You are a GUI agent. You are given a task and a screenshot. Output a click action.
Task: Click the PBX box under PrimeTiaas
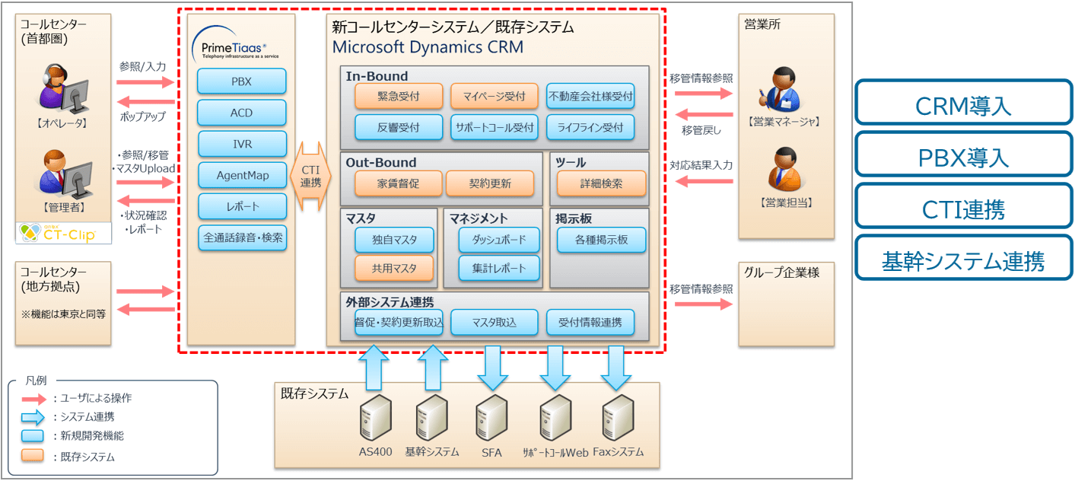tap(241, 81)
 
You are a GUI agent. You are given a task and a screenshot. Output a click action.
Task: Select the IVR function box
tap(242, 144)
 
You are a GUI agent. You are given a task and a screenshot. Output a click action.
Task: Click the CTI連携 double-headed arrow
tap(310, 176)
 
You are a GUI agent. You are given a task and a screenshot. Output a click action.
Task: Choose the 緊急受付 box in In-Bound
tap(399, 97)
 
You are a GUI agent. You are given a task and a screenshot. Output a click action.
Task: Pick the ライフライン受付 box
tap(590, 127)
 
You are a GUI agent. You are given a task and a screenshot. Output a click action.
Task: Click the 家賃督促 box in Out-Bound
tap(399, 183)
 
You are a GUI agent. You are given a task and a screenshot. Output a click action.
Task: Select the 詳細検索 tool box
tap(601, 183)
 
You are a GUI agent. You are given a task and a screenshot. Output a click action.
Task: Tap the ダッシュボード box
tap(498, 240)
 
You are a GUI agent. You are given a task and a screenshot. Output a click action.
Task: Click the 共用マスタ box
tap(394, 269)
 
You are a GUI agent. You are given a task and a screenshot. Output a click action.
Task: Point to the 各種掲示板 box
tap(601, 240)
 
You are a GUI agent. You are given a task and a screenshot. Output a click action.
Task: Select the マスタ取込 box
tap(494, 322)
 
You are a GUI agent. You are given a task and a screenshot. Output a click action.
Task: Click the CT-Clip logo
tap(63, 234)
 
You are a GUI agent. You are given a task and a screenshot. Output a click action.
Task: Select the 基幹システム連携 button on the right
tap(963, 261)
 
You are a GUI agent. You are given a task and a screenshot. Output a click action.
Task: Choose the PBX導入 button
tap(963, 158)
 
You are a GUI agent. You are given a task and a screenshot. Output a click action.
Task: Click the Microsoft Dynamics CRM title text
tap(428, 47)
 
